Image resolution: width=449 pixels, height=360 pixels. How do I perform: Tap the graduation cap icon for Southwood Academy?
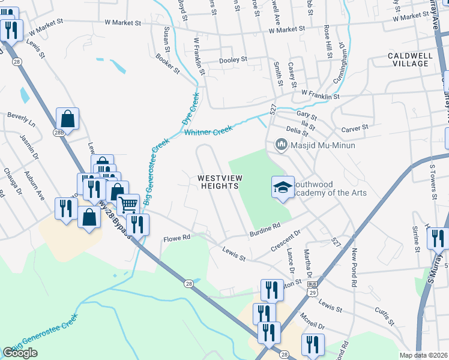click(283, 187)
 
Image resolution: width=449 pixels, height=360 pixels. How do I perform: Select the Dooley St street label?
click(234, 59)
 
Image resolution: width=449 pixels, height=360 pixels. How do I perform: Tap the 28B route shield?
click(58, 133)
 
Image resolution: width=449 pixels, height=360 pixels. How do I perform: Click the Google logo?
click(20, 352)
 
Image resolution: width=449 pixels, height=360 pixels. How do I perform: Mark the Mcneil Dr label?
click(313, 326)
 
